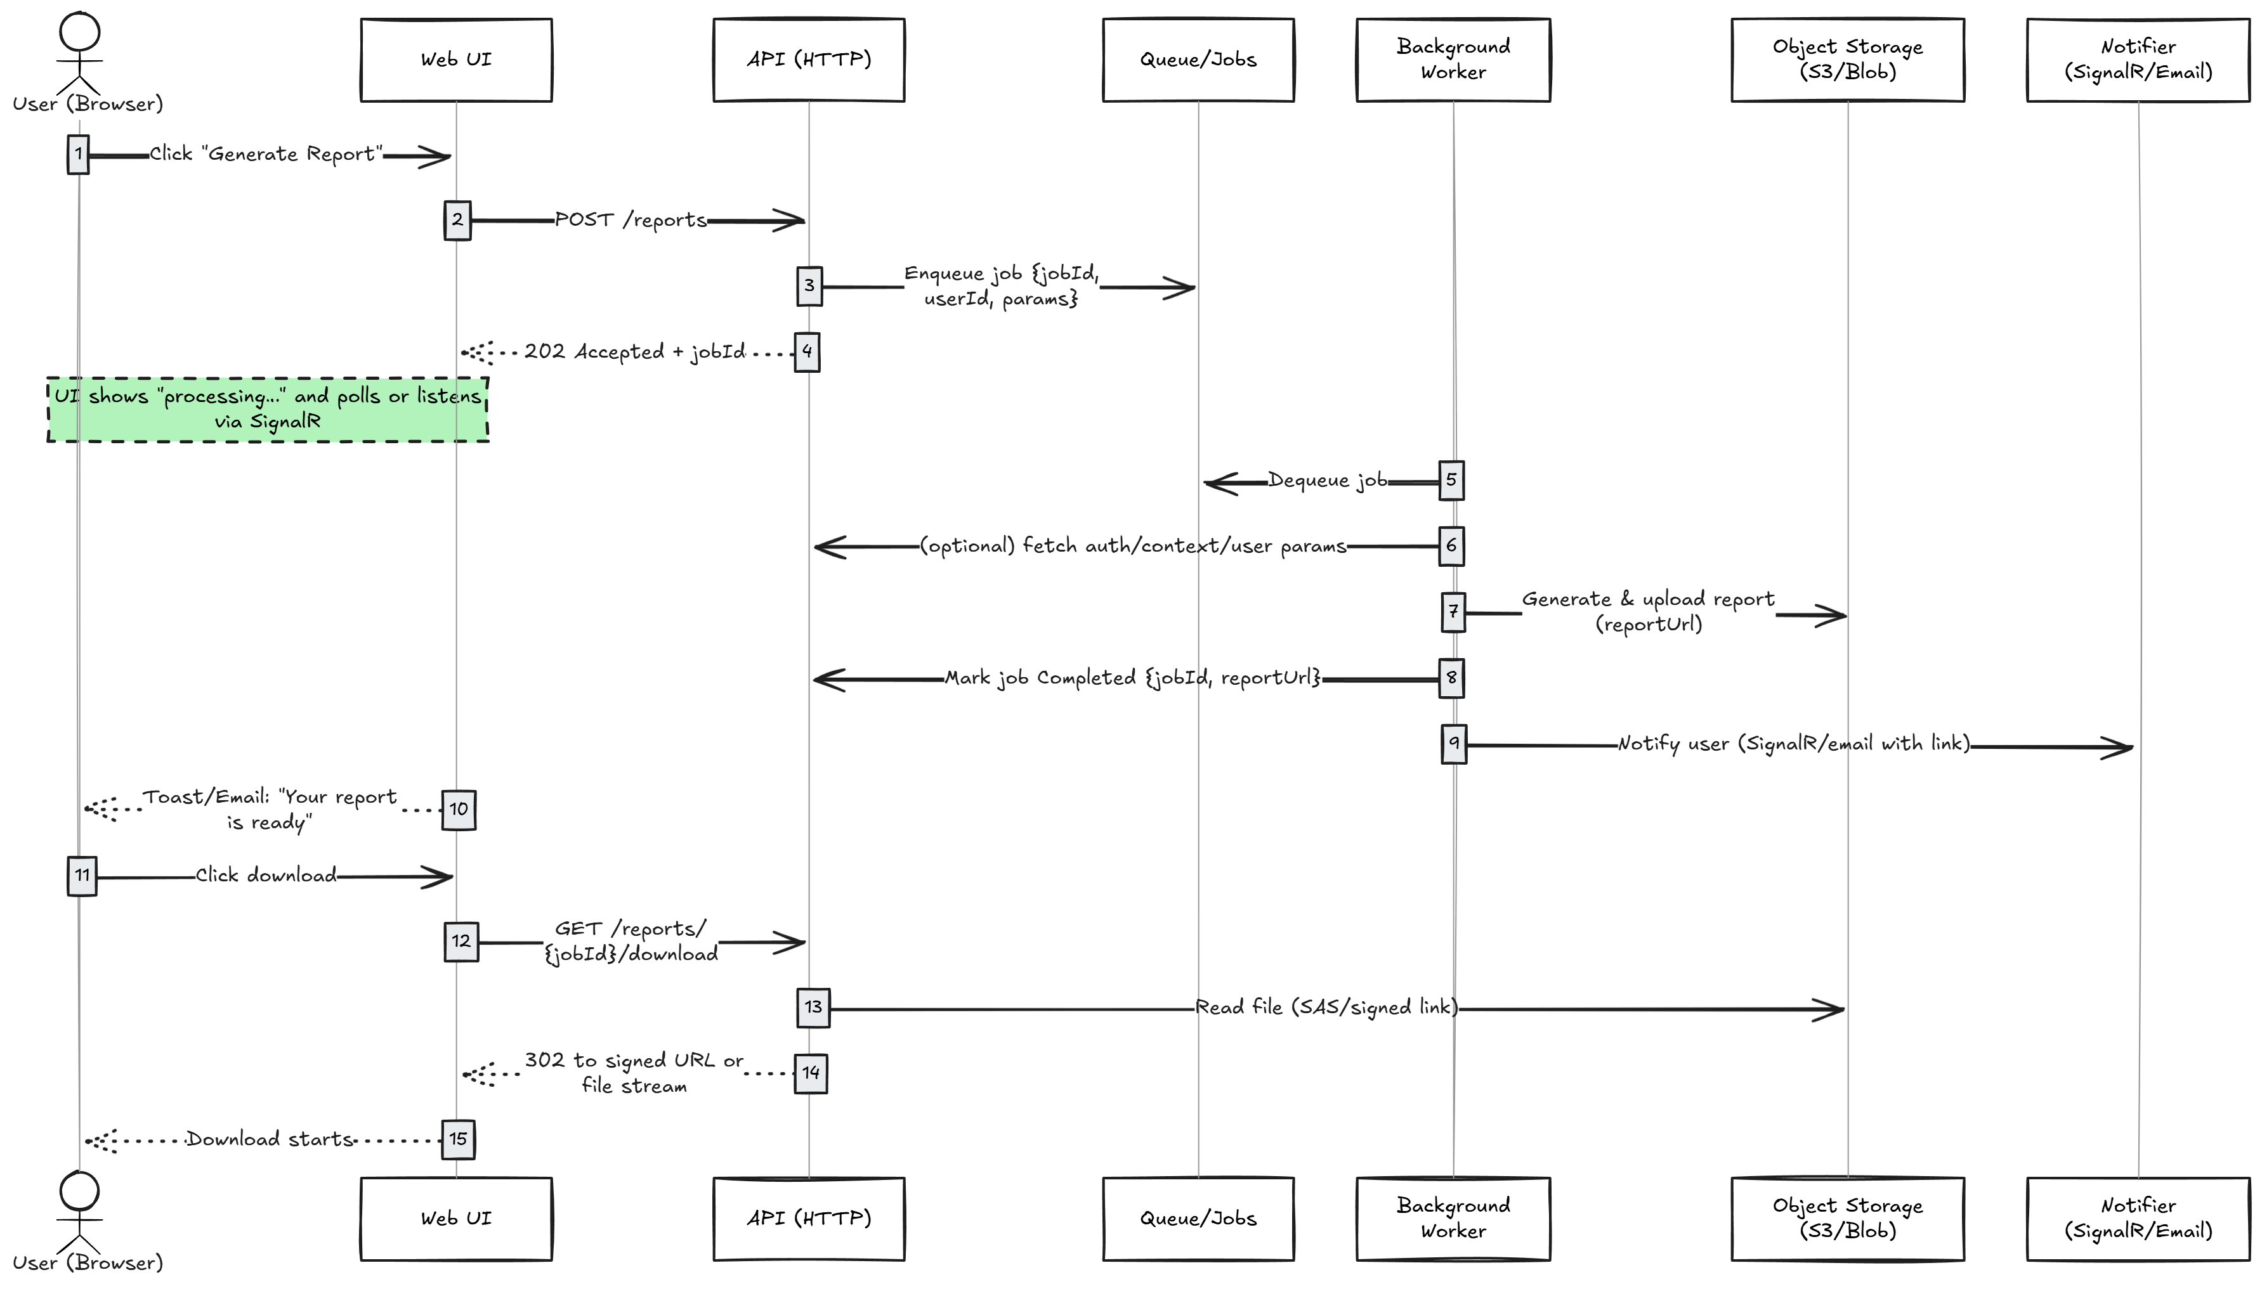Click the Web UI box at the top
pyautogui.click(x=456, y=60)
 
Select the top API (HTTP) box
pyautogui.click(x=809, y=60)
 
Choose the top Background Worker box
pyautogui.click(x=1453, y=60)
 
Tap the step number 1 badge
pyautogui.click(x=78, y=154)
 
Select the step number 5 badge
pyautogui.click(x=1451, y=481)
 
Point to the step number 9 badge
pyautogui.click(x=1453, y=744)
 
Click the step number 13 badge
pyautogui.click(x=813, y=1007)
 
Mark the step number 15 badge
pyautogui.click(x=458, y=1139)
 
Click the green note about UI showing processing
pyautogui.click(x=268, y=409)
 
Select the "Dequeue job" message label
pyautogui.click(x=1328, y=481)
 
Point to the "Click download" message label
pyautogui.click(x=266, y=876)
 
